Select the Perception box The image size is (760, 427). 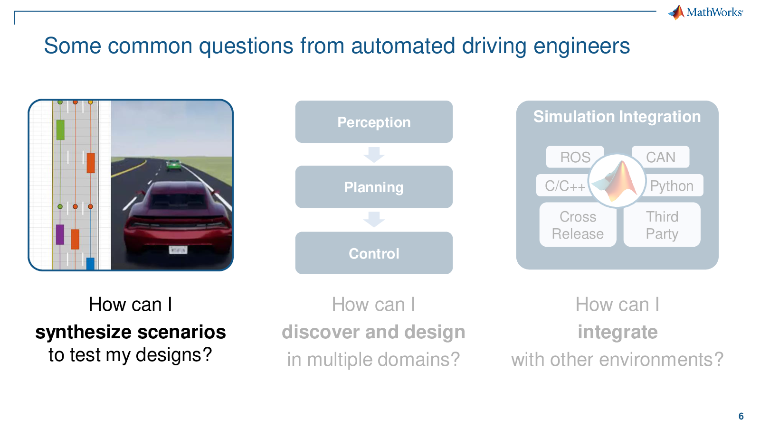click(374, 121)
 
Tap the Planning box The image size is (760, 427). click(374, 187)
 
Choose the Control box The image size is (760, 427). click(374, 253)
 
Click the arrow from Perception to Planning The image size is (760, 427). click(374, 155)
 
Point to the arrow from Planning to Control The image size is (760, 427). click(374, 220)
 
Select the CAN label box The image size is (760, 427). click(661, 157)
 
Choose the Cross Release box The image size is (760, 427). click(578, 225)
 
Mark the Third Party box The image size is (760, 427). click(662, 225)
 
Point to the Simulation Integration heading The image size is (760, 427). click(617, 116)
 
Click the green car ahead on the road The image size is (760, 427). click(173, 165)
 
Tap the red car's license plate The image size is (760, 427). click(178, 250)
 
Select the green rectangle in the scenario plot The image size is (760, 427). click(60, 130)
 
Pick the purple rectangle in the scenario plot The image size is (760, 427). click(60, 234)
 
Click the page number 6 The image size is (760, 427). click(741, 416)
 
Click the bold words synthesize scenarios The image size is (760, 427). click(131, 332)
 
